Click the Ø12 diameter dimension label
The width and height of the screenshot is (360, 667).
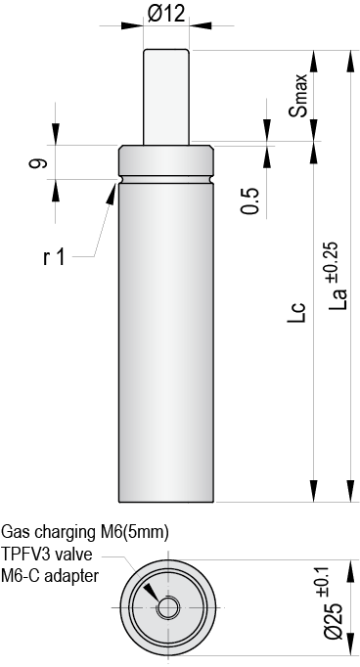point(165,13)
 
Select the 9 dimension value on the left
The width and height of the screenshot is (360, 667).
point(37,162)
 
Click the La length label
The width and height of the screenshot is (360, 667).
point(337,296)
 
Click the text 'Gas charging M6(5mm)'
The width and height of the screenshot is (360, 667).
point(85,533)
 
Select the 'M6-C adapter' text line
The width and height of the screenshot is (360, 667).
point(50,575)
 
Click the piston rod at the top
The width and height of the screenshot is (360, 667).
point(165,93)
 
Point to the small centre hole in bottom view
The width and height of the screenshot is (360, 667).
point(165,607)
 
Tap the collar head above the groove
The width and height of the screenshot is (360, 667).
point(165,161)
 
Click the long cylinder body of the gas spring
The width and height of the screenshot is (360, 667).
point(165,342)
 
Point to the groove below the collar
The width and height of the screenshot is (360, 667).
point(165,180)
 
